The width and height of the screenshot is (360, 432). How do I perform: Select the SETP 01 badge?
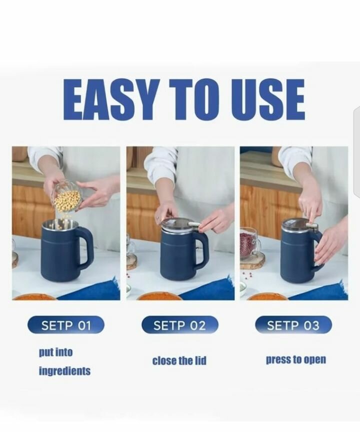pyautogui.click(x=66, y=325)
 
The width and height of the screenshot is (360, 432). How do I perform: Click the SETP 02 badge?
pyautogui.click(x=179, y=325)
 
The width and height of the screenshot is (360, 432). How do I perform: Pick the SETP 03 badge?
pyautogui.click(x=293, y=325)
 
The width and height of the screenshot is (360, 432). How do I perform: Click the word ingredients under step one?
pyautogui.click(x=64, y=371)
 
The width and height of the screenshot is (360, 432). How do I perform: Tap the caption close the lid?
pyautogui.click(x=179, y=360)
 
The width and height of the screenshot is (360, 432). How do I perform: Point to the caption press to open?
pyautogui.click(x=296, y=360)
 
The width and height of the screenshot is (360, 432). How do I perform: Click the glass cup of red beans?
pyautogui.click(x=249, y=242)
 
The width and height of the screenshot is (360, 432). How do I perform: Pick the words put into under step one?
pyautogui.click(x=55, y=352)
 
